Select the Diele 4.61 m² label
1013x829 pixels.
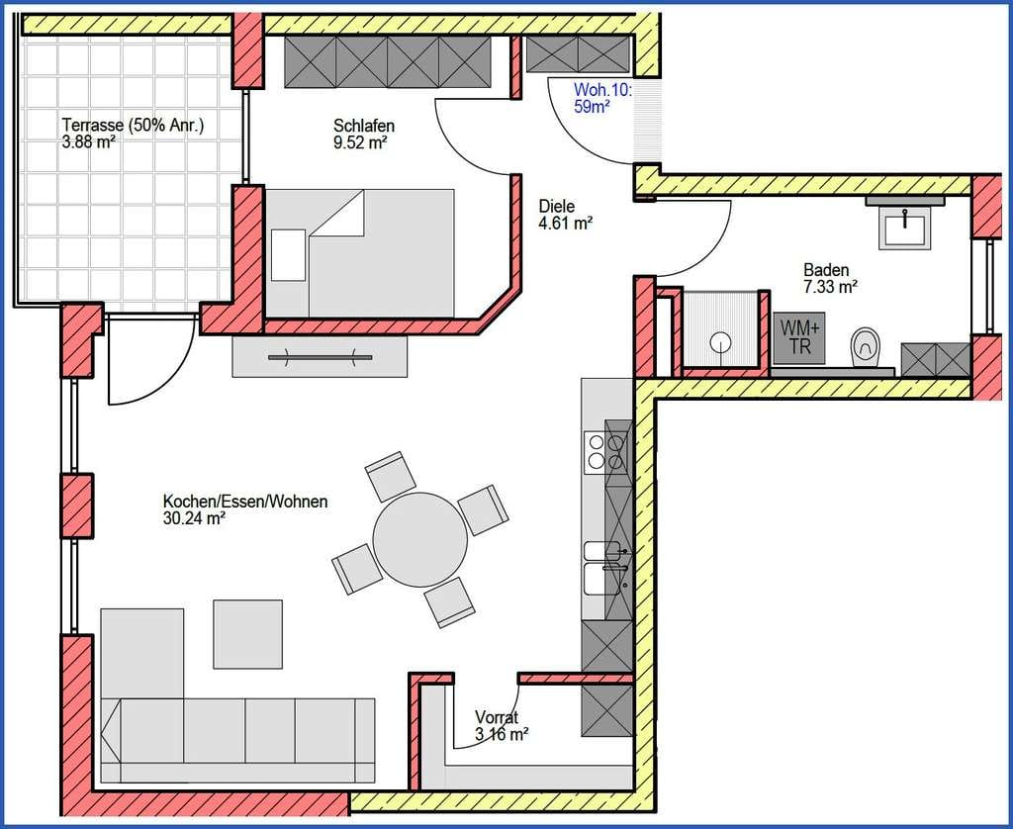pos(566,215)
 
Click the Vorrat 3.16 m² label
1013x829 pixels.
pos(502,725)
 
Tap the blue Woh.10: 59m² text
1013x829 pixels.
pos(602,98)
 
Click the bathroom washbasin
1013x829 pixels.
pos(904,228)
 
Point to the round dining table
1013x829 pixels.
pos(420,539)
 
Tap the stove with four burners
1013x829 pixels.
pos(606,451)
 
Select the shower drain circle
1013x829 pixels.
pos(720,341)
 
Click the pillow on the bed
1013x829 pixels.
pos(288,254)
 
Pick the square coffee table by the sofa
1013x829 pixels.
pos(248,634)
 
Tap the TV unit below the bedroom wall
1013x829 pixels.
pos(320,356)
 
